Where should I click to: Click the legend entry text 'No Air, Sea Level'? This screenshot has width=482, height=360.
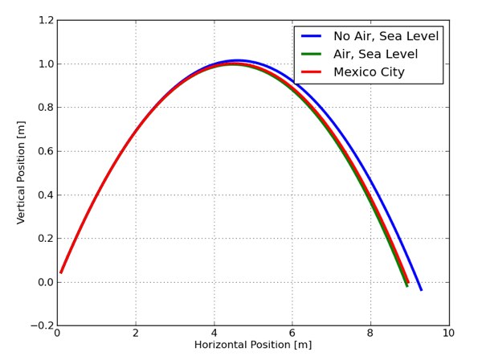tap(382, 36)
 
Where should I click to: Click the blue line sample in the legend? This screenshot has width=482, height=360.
tap(312, 36)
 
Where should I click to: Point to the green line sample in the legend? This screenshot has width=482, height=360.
tap(312, 54)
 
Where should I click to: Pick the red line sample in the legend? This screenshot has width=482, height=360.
tap(312, 72)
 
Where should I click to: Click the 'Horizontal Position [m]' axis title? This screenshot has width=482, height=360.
tap(252, 346)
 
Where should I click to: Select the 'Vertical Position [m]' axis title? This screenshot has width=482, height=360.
tap(22, 173)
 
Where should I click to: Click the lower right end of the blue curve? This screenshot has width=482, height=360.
tap(420, 289)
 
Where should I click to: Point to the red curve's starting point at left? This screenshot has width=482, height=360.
tap(61, 272)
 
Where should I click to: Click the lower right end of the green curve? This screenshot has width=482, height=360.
tap(406, 285)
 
